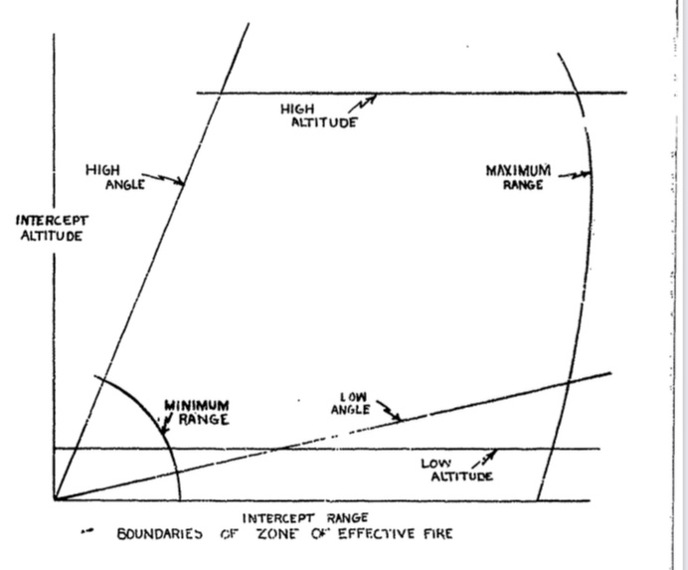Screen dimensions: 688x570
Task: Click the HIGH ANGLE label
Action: pos(115,177)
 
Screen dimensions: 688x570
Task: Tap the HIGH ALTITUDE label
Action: pos(319,115)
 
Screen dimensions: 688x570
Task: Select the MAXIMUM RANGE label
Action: pos(518,177)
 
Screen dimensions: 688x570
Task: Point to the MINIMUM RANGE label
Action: pos(197,413)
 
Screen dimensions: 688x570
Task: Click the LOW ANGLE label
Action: pos(350,404)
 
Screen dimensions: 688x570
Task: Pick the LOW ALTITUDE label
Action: pos(456,470)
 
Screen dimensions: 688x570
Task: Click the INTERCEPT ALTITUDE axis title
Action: pos(52,228)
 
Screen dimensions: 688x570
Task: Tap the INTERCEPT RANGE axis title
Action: pos(305,518)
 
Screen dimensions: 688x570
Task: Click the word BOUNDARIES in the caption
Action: pos(160,534)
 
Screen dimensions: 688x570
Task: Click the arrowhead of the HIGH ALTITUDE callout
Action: pos(373,97)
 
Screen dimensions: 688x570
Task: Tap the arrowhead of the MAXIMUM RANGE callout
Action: pos(587,174)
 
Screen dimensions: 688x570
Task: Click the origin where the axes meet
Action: pos(55,499)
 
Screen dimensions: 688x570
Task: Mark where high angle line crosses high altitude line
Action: pos(221,93)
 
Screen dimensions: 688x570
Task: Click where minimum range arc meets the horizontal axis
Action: pos(180,499)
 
